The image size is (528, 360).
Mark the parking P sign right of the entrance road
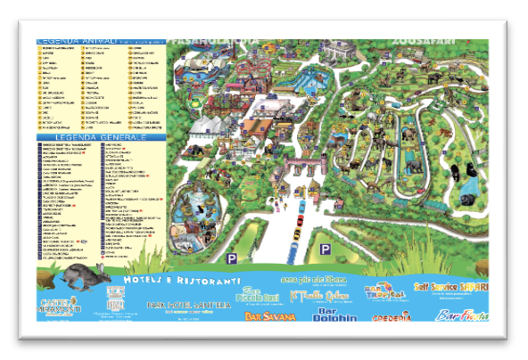coord(326,249)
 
